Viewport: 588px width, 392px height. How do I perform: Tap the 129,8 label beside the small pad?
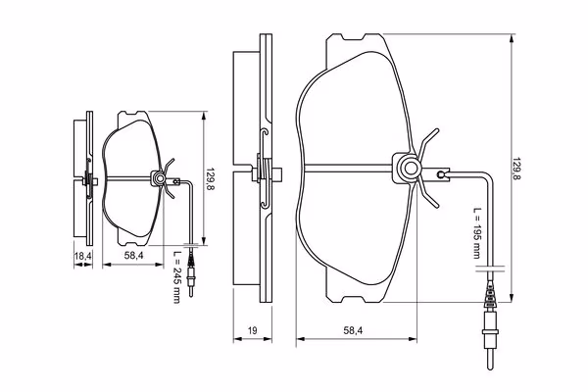click(x=211, y=179)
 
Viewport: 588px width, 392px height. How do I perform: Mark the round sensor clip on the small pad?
click(x=157, y=178)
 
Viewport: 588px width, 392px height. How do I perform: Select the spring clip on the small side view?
click(x=88, y=178)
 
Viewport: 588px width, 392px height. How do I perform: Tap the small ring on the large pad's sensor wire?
click(x=443, y=175)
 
